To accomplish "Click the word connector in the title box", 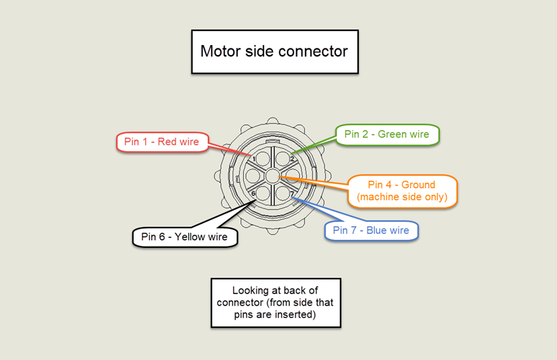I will tap(314, 51).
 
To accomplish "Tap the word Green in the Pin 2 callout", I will tap(392, 134).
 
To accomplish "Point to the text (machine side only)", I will tap(402, 197).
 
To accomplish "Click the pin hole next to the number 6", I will tap(263, 192).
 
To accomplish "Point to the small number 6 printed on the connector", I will tap(253, 193).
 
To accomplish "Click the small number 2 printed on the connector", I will tap(292, 159).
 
